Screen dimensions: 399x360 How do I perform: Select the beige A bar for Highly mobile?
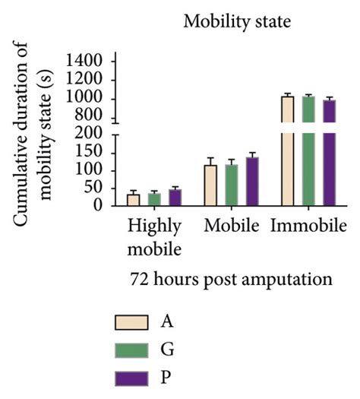pyautogui.click(x=133, y=200)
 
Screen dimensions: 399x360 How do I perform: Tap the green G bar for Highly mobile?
pyautogui.click(x=154, y=199)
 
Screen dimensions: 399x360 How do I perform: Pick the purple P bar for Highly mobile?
pyautogui.click(x=175, y=198)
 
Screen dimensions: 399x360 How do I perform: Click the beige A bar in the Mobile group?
pyautogui.click(x=210, y=185)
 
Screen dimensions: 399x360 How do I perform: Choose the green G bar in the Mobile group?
pyautogui.click(x=232, y=185)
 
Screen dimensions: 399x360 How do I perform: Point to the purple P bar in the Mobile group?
pyautogui.click(x=252, y=182)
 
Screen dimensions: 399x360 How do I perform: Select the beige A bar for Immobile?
pyautogui.click(x=287, y=152)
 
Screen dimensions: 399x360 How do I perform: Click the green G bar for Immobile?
pyautogui.click(x=308, y=152)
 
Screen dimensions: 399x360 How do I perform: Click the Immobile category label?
pyautogui.click(x=308, y=226)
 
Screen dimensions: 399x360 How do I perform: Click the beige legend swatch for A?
pyautogui.click(x=130, y=322)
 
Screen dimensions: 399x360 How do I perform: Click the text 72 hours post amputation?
pyautogui.click(x=229, y=279)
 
